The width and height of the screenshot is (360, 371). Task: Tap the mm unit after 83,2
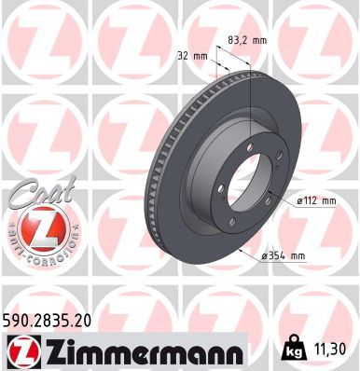click(x=263, y=39)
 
